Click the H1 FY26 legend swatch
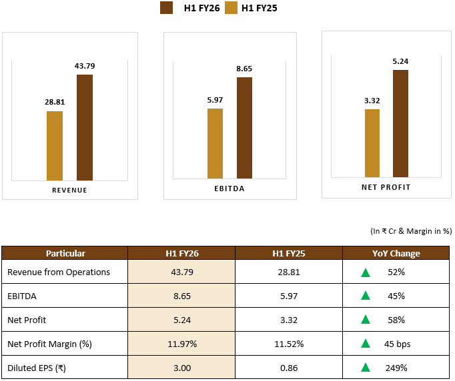(x=167, y=8)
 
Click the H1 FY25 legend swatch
(x=232, y=8)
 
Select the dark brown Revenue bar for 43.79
(x=85, y=127)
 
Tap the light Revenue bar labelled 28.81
(x=55, y=145)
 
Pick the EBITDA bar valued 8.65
(x=244, y=127)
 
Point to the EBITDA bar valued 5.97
(x=215, y=143)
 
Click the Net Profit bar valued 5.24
(x=400, y=124)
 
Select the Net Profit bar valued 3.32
(x=372, y=144)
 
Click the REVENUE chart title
(x=69, y=190)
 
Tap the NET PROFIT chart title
(x=386, y=187)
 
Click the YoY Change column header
(x=396, y=253)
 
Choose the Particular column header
(x=65, y=253)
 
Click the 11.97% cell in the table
(x=181, y=344)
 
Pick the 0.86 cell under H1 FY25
(x=289, y=368)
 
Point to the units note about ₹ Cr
(x=411, y=231)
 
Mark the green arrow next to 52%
(x=366, y=272)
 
